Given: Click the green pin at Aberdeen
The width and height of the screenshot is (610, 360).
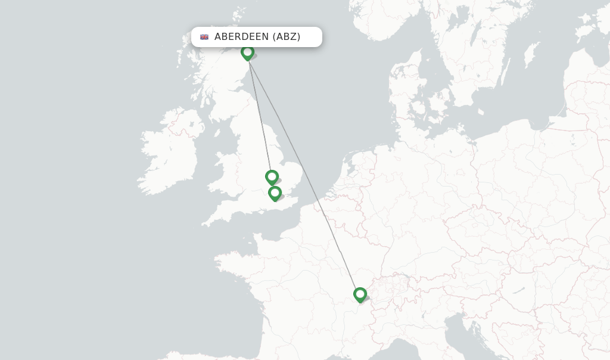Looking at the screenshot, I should pyautogui.click(x=247, y=53).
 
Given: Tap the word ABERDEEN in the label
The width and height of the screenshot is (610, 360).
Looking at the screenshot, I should pyautogui.click(x=241, y=37).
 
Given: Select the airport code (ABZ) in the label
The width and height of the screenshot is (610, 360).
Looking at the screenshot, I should pyautogui.click(x=287, y=37).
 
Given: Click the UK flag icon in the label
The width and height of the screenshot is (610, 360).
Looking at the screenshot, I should pyautogui.click(x=204, y=37).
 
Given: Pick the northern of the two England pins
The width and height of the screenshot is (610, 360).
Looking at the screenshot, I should pyautogui.click(x=272, y=177).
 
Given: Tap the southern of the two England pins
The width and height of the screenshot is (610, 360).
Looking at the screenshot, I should pyautogui.click(x=275, y=193).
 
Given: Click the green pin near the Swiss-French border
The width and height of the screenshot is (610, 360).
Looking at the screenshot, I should pyautogui.click(x=360, y=294).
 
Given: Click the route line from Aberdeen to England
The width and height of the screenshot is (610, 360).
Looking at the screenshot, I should pyautogui.click(x=259, y=113).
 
